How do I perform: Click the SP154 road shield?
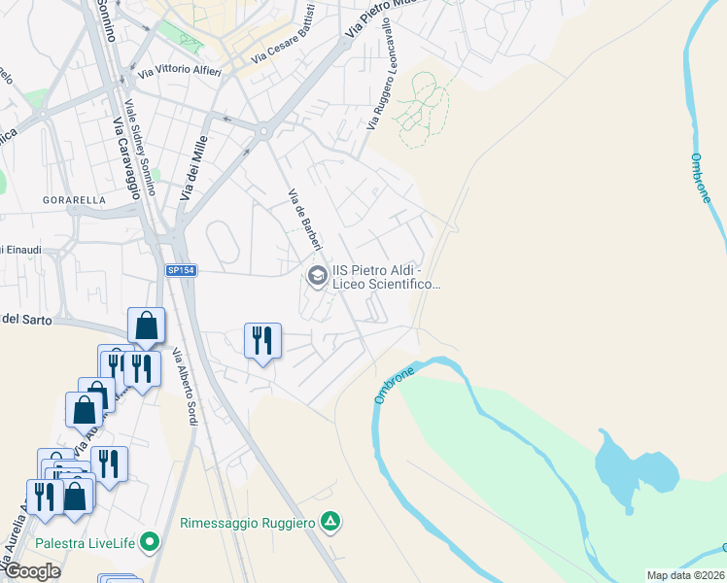pyautogui.click(x=181, y=271)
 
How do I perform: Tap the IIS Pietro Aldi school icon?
pyautogui.click(x=316, y=276)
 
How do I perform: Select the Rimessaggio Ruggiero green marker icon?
pyautogui.click(x=330, y=523)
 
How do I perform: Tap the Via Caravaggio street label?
pyautogui.click(x=127, y=156)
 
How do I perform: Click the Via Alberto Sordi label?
pyautogui.click(x=185, y=387)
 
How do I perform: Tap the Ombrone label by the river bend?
pyautogui.click(x=395, y=385)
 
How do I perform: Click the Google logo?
pyautogui.click(x=32, y=571)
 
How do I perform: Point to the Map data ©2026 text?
pyautogui.click(x=684, y=575)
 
